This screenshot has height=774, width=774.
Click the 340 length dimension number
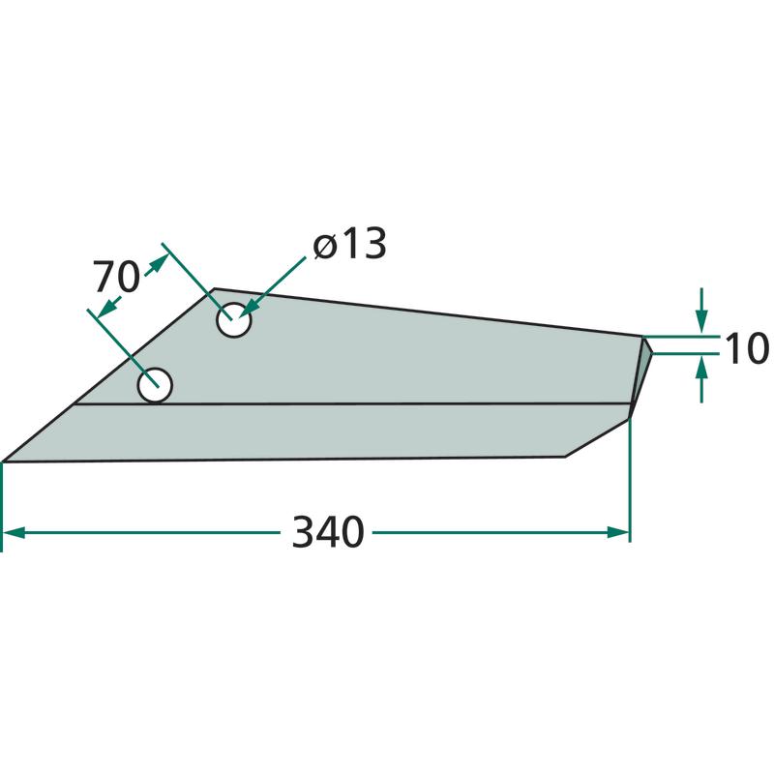(x=328, y=532)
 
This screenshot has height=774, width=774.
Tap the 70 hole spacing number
(x=117, y=278)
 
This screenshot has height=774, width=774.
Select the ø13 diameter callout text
(x=349, y=244)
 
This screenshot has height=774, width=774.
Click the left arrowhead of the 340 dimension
(x=14, y=533)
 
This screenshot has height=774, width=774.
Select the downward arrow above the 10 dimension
(x=702, y=310)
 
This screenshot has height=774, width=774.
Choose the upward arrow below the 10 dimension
(x=702, y=380)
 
